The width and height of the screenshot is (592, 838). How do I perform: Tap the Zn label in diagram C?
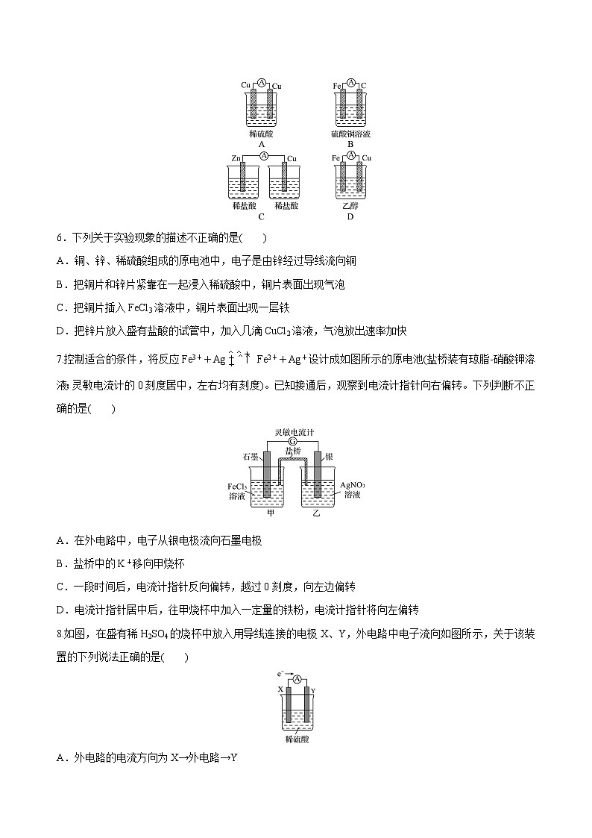click(236, 158)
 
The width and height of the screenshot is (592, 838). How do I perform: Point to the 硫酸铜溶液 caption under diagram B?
click(350, 134)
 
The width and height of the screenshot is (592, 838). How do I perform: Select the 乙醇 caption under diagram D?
click(350, 205)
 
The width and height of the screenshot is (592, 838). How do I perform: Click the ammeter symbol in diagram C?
click(263, 156)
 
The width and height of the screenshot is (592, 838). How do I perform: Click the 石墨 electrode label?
click(250, 456)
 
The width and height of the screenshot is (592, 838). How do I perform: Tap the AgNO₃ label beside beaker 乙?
click(353, 485)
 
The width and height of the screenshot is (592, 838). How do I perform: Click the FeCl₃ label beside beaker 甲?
click(237, 487)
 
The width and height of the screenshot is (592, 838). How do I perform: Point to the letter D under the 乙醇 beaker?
click(350, 217)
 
